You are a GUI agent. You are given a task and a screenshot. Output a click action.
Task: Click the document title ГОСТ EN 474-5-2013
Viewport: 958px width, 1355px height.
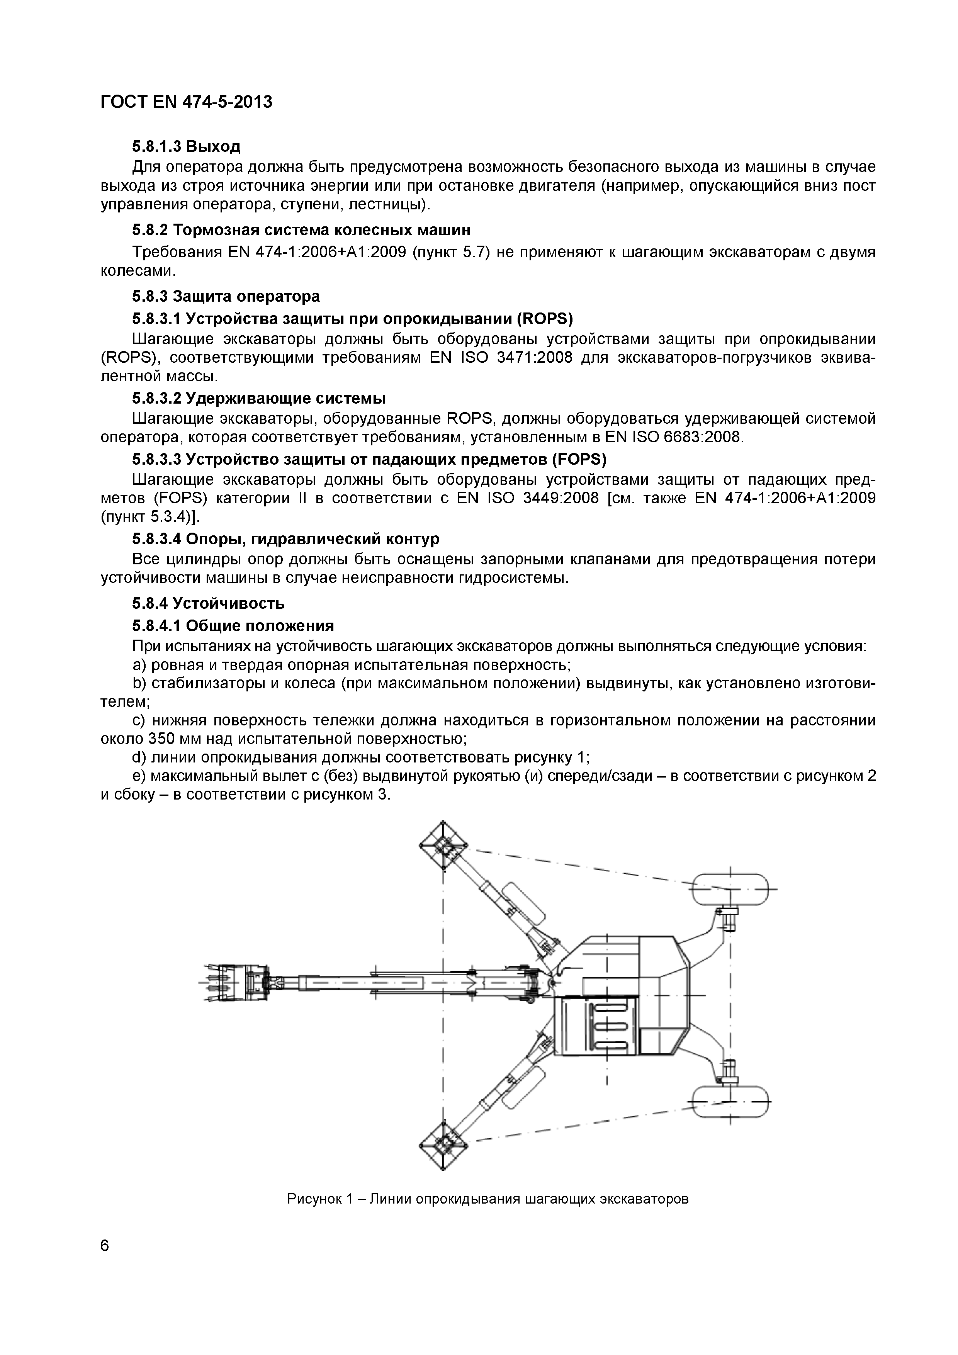pos(187,102)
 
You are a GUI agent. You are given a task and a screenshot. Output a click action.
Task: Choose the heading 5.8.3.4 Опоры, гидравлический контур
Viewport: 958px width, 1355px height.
pos(286,539)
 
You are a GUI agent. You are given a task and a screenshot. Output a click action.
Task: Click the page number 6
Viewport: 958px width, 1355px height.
pos(105,1246)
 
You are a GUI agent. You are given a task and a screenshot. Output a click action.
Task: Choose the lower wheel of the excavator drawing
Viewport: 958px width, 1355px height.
pos(730,1101)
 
